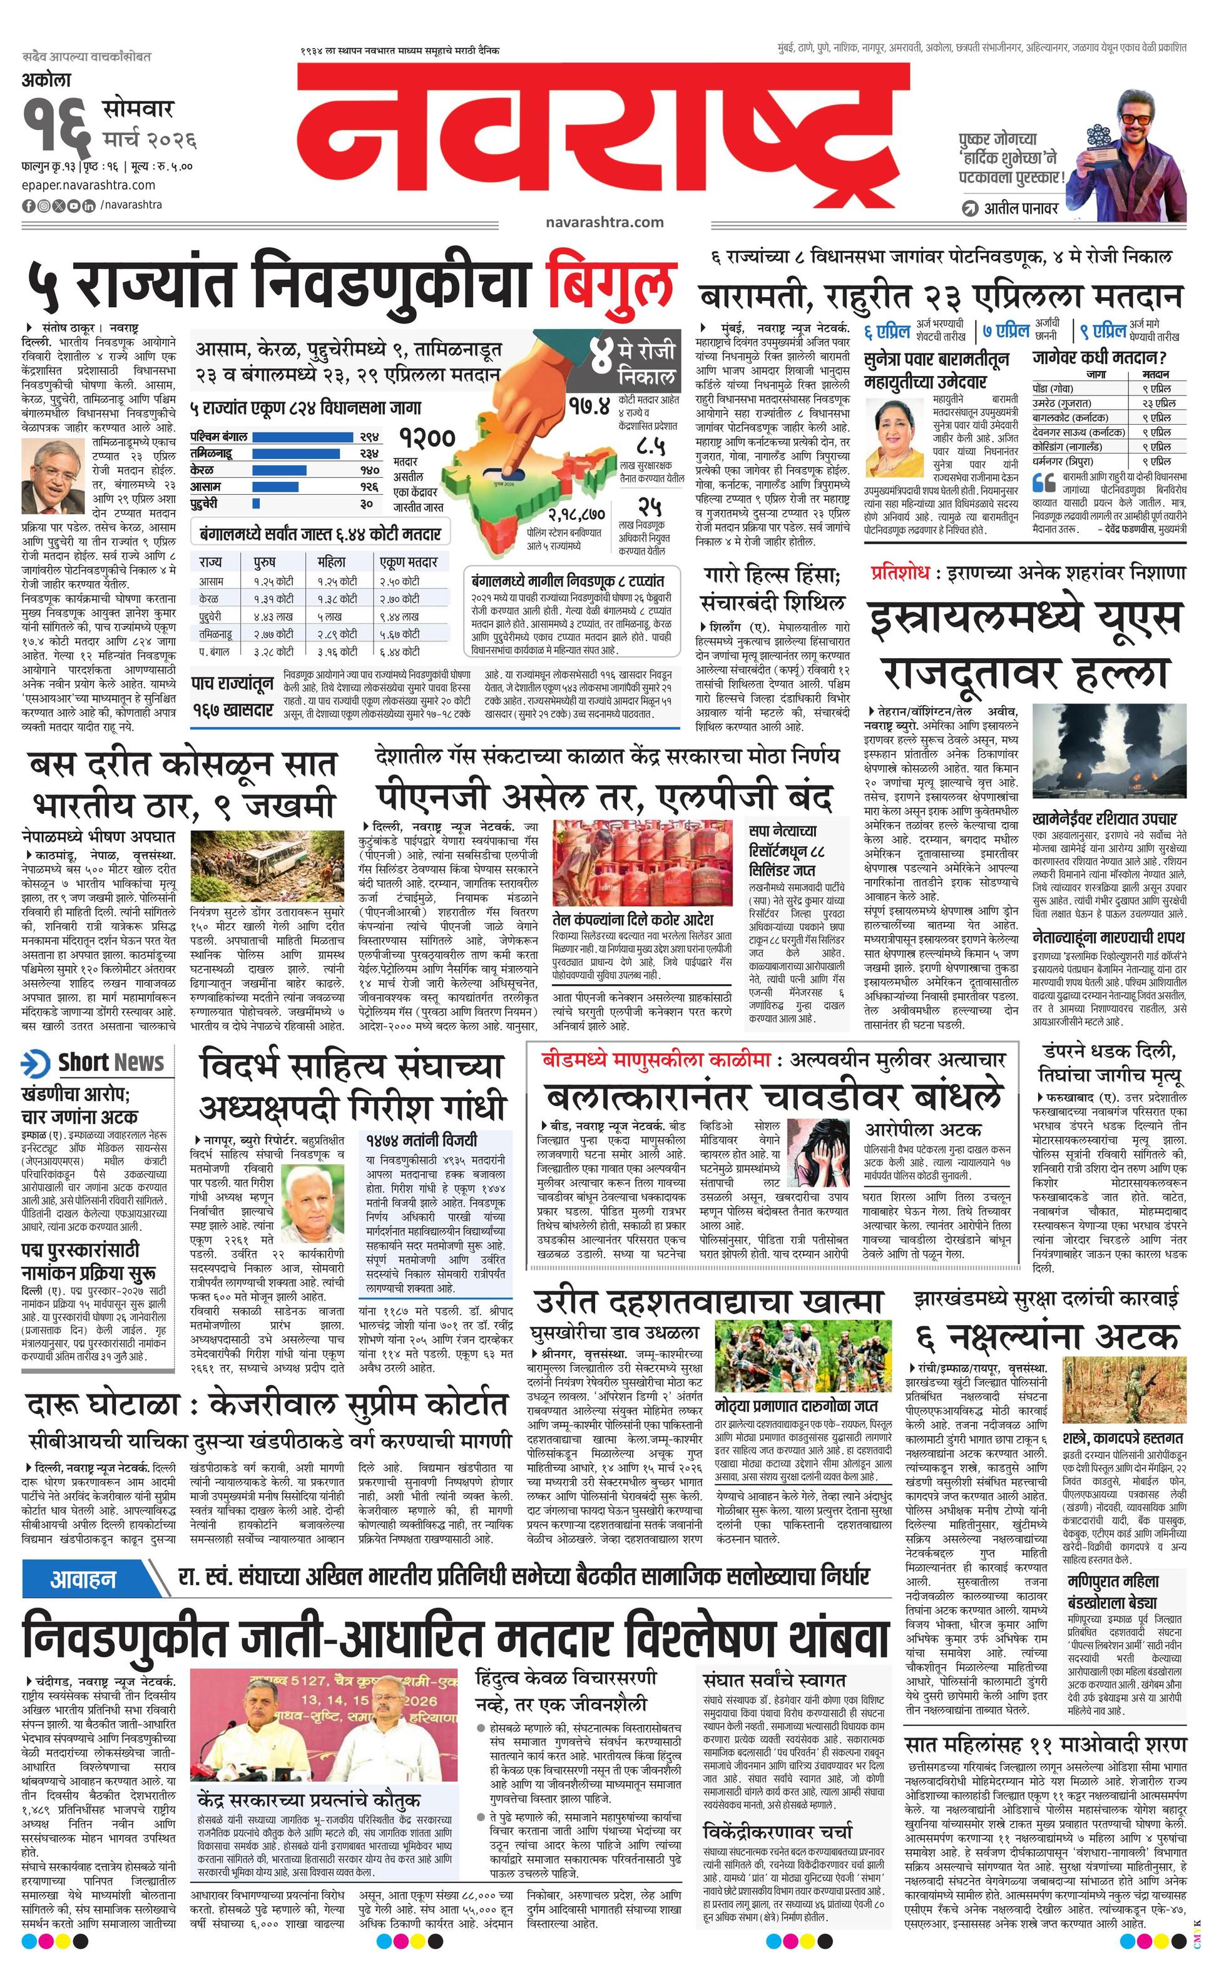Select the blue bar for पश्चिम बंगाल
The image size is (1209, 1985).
[303, 437]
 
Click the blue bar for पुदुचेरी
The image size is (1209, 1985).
[257, 504]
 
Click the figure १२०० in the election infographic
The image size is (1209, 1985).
[427, 439]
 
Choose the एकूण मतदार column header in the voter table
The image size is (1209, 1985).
[409, 562]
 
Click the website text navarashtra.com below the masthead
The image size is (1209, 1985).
[604, 221]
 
